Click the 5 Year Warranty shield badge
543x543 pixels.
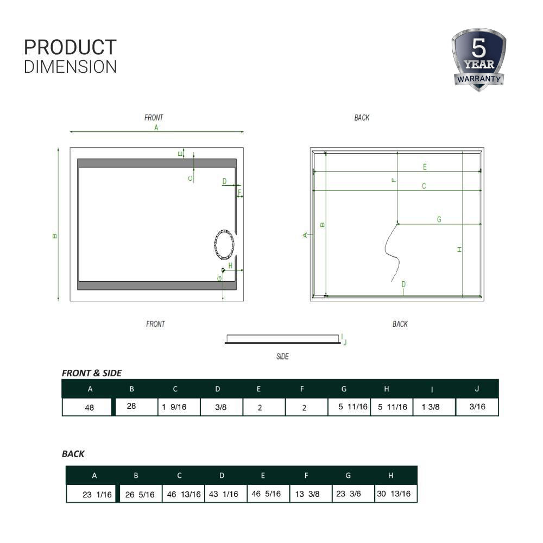click(x=478, y=60)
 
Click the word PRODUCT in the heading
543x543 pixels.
click(x=70, y=48)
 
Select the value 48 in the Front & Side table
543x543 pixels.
click(x=90, y=408)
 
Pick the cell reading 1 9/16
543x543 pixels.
click(x=174, y=407)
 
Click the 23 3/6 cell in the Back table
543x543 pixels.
click(x=348, y=494)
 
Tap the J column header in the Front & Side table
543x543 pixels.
click(x=477, y=389)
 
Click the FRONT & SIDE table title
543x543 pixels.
click(x=92, y=373)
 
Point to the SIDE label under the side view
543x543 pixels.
click(x=282, y=357)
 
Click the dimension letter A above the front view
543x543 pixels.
click(x=156, y=128)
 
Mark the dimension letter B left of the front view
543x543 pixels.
click(x=55, y=236)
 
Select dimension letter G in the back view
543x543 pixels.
click(x=439, y=219)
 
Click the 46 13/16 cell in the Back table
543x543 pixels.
click(x=183, y=494)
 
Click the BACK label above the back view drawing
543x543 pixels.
click(x=362, y=118)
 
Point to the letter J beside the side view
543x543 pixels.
click(x=345, y=343)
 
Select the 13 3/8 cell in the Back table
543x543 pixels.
click(x=307, y=494)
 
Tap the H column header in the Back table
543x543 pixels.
click(x=390, y=476)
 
